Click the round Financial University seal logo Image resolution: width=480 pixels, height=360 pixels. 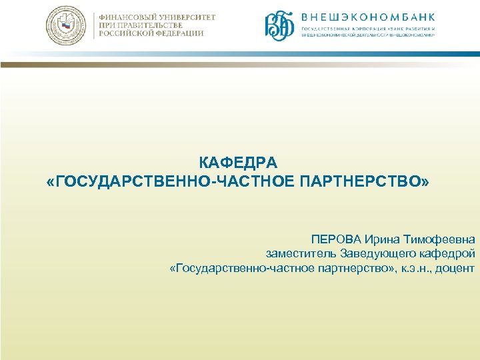(66, 26)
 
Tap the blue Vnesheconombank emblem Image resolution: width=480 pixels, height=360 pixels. (280, 25)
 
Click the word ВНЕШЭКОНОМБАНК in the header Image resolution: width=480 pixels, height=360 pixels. (368, 17)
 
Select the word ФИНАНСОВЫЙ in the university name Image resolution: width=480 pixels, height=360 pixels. (129, 17)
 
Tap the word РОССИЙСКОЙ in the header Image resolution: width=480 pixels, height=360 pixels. (126, 33)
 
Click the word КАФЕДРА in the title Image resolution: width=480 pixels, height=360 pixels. (239, 163)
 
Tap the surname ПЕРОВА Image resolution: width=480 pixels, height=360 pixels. (335, 239)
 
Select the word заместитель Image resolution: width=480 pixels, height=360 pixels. (301, 254)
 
